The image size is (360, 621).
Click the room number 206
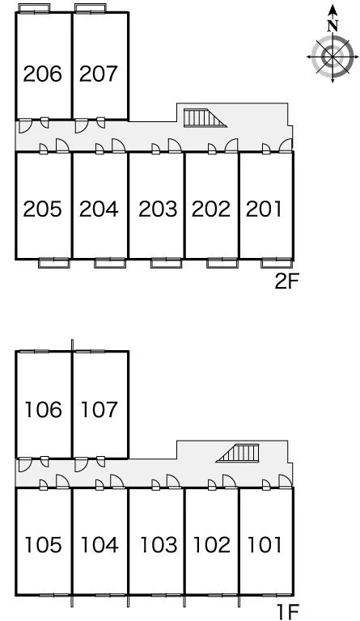click(x=42, y=74)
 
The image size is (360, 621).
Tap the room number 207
click(x=99, y=74)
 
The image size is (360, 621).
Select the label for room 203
click(x=158, y=209)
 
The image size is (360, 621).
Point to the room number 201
click(x=264, y=209)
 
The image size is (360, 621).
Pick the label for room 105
click(x=43, y=545)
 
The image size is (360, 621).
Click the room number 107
click(x=99, y=409)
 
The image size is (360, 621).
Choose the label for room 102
click(x=211, y=545)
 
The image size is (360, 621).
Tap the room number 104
click(x=99, y=545)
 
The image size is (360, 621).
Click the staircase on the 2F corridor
click(x=205, y=118)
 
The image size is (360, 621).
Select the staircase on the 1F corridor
click(x=238, y=453)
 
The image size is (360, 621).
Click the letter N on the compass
click(x=332, y=26)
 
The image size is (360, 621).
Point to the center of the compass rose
click(x=332, y=57)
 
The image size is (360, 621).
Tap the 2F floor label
click(x=286, y=281)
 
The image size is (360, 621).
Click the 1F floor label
click(x=288, y=612)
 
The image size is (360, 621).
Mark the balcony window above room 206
click(x=34, y=8)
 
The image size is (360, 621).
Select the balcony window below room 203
click(x=167, y=263)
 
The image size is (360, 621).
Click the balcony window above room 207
click(x=91, y=8)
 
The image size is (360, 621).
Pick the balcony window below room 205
click(x=54, y=263)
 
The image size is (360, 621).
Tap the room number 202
click(x=211, y=209)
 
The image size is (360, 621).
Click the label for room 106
click(x=43, y=409)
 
